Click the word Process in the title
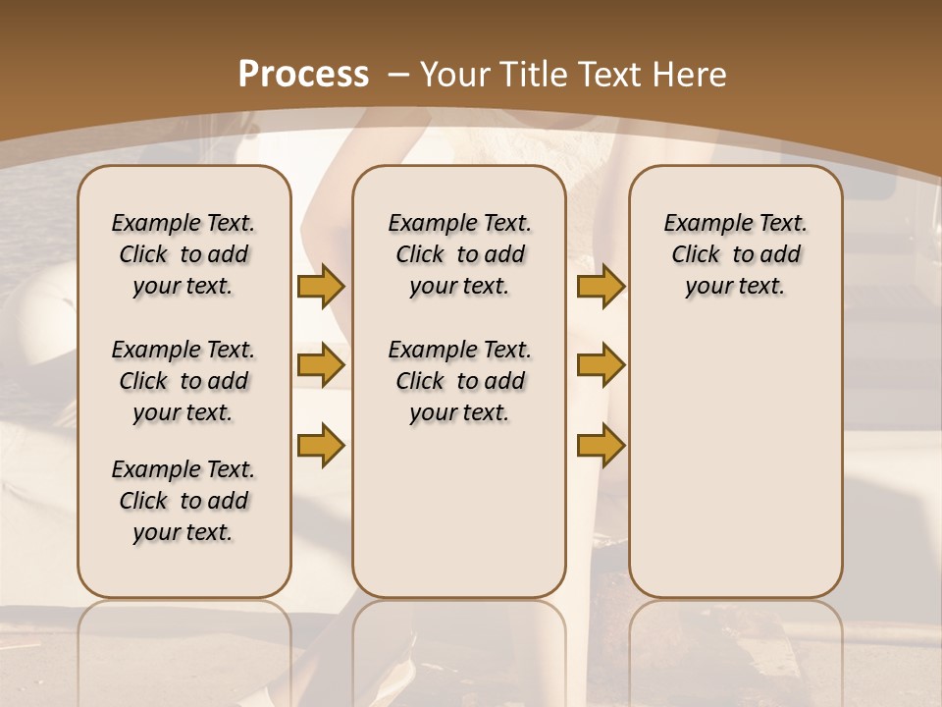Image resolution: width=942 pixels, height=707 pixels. coord(303,74)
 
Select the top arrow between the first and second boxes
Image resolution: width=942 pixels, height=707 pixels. coord(321,287)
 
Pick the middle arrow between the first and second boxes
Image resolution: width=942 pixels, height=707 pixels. coord(321,365)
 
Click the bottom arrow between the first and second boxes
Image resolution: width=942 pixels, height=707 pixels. coord(321,446)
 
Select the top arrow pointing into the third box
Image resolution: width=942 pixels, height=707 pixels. coord(601,287)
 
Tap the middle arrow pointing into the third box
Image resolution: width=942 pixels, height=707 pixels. coord(601,365)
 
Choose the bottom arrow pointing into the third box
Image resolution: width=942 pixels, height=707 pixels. coord(601,446)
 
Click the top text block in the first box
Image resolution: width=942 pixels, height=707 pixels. coord(183,254)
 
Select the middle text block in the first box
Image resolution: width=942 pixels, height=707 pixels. coord(183,381)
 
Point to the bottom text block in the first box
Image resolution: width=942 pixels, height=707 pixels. coord(183,501)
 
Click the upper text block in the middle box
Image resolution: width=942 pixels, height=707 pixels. coord(459,254)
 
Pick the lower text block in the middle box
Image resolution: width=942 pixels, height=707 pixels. coord(459,381)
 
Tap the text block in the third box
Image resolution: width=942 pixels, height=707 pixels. coord(735,254)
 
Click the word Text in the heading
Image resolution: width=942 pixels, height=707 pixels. coord(608,74)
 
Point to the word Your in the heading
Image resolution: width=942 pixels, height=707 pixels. coord(456,74)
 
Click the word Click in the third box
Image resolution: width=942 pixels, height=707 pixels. coord(696,255)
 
